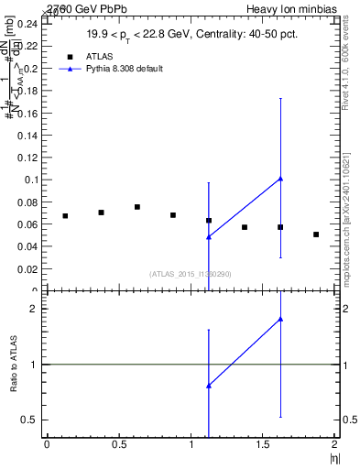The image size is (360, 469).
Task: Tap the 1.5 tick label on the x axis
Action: point(263,444)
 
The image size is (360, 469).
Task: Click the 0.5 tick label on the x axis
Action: point(118,444)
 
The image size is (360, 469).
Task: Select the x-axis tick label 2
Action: point(335,444)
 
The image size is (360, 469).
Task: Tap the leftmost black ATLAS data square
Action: point(65,216)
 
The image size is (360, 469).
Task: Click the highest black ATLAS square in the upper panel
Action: point(137,207)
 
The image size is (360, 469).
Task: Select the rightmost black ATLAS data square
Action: point(316,234)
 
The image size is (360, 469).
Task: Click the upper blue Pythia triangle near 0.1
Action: point(280,179)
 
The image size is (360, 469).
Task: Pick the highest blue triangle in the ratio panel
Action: point(280,319)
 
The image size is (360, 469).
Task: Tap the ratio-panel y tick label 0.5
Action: point(33,420)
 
